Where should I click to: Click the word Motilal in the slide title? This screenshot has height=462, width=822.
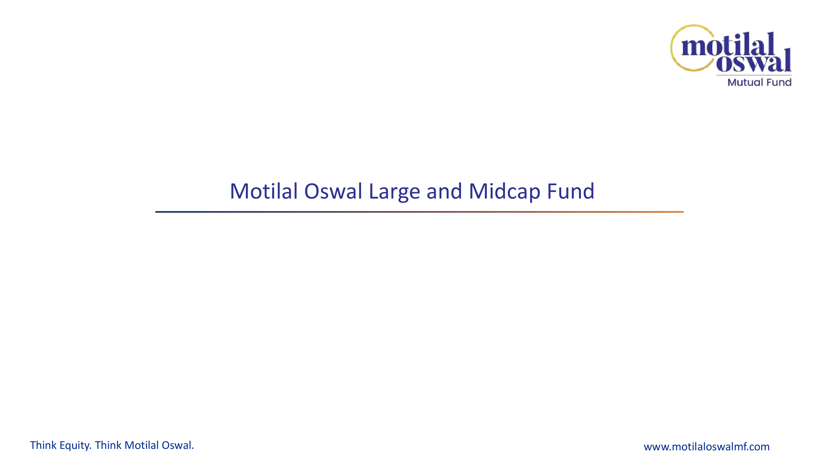pyautogui.click(x=264, y=191)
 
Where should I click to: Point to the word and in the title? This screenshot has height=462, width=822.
pyautogui.click(x=444, y=191)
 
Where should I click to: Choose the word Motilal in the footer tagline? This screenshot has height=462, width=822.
pyautogui.click(x=142, y=445)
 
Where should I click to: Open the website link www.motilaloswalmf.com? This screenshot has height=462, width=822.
pyautogui.click(x=707, y=447)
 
